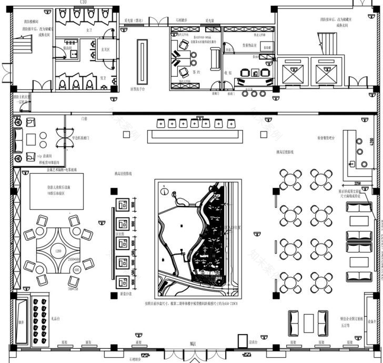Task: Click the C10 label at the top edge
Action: tap(83, 3)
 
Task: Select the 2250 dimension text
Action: tap(357, 183)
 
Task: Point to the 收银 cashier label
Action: tap(228, 73)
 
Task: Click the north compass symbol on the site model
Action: tap(164, 185)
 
